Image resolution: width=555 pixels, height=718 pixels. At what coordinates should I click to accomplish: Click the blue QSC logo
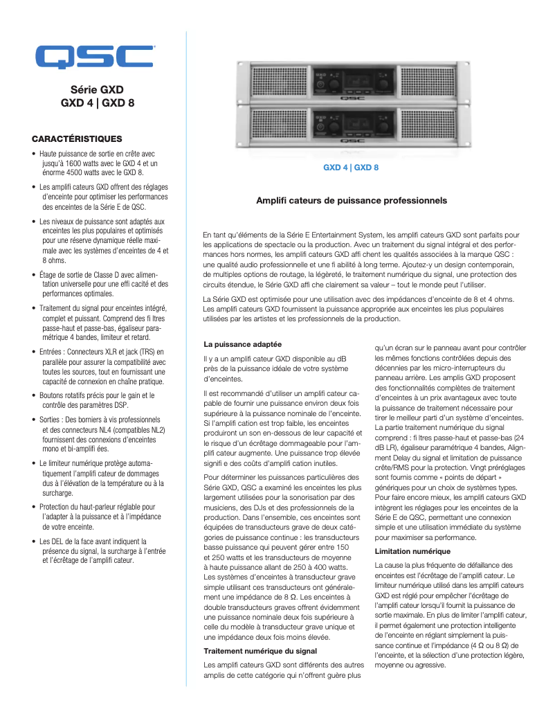pos(95,57)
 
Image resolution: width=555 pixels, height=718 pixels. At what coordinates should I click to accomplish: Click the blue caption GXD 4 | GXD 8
pos(351,168)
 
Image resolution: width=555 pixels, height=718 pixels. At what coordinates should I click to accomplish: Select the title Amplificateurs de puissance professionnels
pos(352,201)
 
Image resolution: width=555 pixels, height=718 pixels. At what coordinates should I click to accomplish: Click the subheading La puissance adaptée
pos(242,344)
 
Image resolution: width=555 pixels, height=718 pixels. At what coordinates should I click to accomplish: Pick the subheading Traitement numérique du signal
pos(260,651)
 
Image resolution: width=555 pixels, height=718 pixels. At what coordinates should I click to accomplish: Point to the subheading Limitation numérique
pos(412,552)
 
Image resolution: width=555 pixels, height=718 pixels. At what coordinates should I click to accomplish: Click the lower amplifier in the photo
pos(352,125)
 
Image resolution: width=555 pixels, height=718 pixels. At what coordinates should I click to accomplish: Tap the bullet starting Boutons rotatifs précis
pos(96,400)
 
